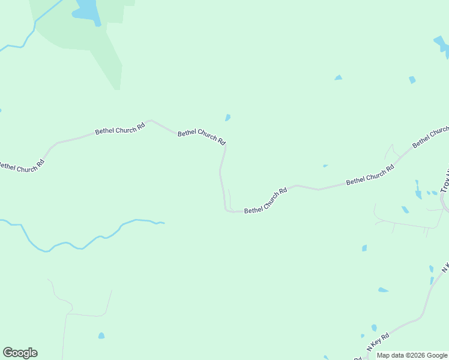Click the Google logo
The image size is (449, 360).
click(x=20, y=353)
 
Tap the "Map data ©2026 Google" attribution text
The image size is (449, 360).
click(x=412, y=355)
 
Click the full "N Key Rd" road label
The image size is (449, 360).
click(x=378, y=342)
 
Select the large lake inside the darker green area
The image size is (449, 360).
click(x=86, y=11)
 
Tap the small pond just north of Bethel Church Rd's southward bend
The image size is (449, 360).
click(x=228, y=118)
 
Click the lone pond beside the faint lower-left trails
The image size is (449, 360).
click(x=101, y=335)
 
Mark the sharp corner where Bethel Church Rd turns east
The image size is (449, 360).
click(x=226, y=210)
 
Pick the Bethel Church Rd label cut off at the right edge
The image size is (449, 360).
click(x=430, y=137)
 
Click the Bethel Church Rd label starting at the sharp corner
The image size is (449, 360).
click(x=266, y=200)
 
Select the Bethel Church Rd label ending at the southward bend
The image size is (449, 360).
click(x=201, y=137)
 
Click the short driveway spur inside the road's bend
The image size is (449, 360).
click(x=229, y=198)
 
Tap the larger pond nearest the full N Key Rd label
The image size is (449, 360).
click(x=374, y=328)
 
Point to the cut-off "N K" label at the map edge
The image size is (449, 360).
click(x=445, y=266)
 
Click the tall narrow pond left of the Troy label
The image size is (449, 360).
click(x=418, y=191)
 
